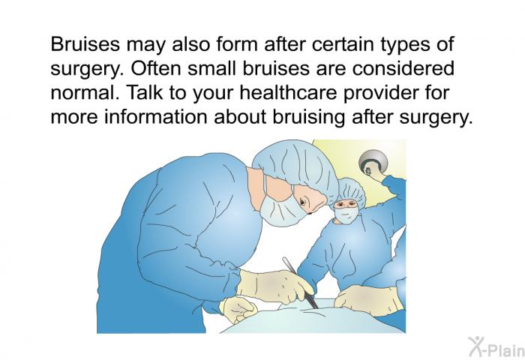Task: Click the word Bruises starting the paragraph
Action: coord(85,43)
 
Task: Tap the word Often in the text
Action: coord(156,68)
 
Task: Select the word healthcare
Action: coord(288,92)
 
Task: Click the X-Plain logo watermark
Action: coord(496,347)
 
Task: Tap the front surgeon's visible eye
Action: coord(302,202)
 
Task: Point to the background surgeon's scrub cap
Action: coord(352,190)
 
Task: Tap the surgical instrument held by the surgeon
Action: coord(300,283)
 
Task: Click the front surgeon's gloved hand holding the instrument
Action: coord(275,286)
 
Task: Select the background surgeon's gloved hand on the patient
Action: coord(369,300)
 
